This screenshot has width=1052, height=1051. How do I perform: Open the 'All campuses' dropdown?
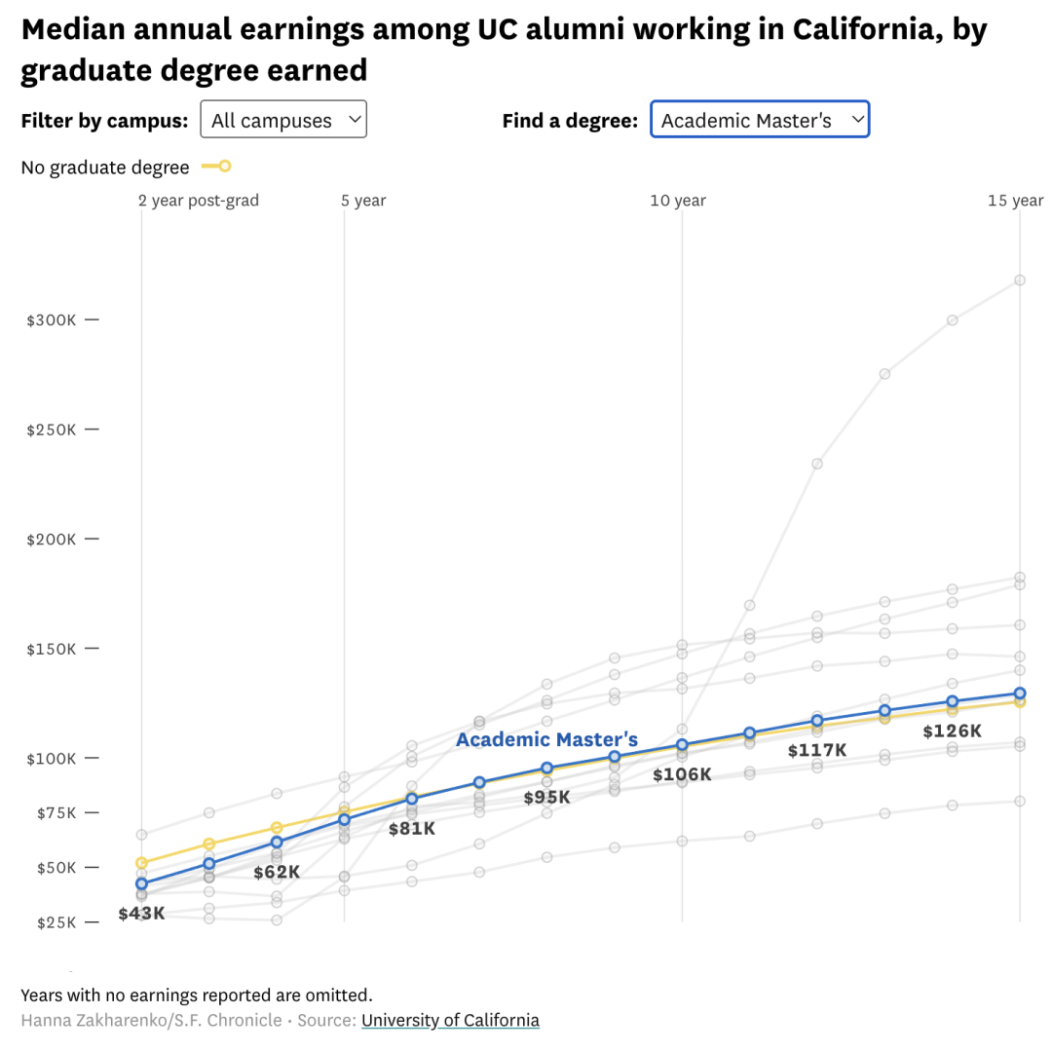[x=282, y=120]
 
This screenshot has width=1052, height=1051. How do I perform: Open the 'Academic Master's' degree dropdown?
[x=760, y=120]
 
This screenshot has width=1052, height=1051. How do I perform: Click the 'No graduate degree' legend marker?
[x=216, y=167]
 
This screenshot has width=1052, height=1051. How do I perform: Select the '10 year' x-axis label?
[x=678, y=201]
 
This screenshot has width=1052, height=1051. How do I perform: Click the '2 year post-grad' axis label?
[x=199, y=201]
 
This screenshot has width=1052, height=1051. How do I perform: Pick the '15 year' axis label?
[x=1015, y=201]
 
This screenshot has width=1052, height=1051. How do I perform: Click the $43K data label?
[x=142, y=914]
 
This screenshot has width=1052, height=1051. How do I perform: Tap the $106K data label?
[x=682, y=775]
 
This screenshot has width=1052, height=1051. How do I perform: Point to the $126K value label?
[x=953, y=731]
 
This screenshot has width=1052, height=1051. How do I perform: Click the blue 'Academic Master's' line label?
[x=546, y=740]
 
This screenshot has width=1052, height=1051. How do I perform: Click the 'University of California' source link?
[x=450, y=1021]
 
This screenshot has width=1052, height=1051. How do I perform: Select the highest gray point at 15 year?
[x=1020, y=280]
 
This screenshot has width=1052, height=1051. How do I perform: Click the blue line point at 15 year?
[x=1020, y=694]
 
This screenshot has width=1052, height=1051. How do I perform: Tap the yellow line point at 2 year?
[x=141, y=863]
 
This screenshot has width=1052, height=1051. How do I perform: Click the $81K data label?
[x=412, y=829]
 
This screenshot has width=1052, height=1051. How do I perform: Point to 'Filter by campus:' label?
[x=104, y=121]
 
